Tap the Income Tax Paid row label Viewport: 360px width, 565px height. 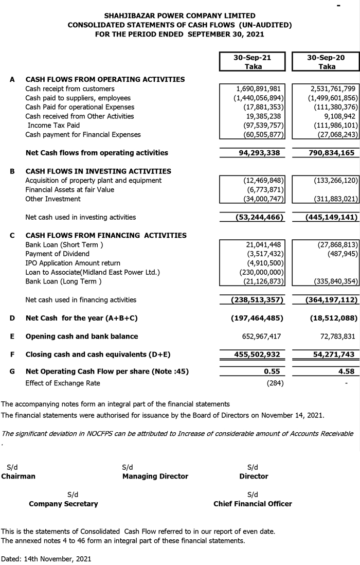click(x=53, y=126)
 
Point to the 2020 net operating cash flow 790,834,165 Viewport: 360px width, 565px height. click(x=326, y=153)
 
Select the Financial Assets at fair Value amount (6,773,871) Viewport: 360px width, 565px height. click(x=262, y=190)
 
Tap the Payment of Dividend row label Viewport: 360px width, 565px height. click(x=57, y=254)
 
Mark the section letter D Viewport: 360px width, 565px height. click(x=12, y=318)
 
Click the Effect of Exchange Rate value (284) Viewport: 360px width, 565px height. click(x=274, y=383)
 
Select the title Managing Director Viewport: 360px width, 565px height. click(x=155, y=476)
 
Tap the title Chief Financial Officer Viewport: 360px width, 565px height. click(x=253, y=504)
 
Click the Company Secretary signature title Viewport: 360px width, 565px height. click(x=63, y=504)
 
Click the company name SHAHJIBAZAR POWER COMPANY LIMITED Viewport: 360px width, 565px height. click(x=179, y=16)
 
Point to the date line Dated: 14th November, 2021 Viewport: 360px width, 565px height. click(x=46, y=558)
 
